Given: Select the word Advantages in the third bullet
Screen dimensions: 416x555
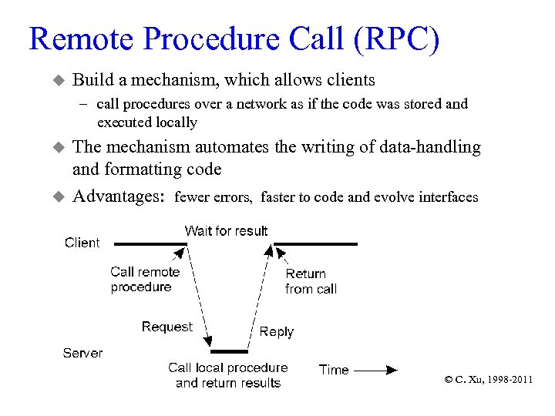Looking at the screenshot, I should (118, 196).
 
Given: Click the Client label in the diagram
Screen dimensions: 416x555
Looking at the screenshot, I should (82, 243).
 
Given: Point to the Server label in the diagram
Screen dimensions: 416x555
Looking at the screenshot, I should (82, 353).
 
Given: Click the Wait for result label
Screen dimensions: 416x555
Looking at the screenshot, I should (226, 230).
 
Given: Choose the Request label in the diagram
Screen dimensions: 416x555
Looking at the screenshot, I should (166, 327).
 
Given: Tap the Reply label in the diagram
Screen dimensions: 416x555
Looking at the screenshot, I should (277, 331).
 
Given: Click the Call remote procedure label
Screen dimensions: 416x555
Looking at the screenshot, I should (145, 279).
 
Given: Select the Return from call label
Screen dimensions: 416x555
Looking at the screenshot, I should (310, 281).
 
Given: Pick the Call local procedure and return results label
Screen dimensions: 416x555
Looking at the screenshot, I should (228, 375).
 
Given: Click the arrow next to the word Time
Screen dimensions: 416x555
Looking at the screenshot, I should (375, 371).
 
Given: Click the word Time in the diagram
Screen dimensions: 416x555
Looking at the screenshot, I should (334, 370).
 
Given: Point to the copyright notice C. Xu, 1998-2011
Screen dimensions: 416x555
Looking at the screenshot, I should (489, 379).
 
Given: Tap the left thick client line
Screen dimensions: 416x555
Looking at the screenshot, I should (151, 244).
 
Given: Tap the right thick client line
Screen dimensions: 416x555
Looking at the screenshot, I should (316, 244).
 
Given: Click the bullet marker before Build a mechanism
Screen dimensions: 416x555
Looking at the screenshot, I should (55, 80).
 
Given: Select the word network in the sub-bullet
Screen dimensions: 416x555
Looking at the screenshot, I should (256, 104).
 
